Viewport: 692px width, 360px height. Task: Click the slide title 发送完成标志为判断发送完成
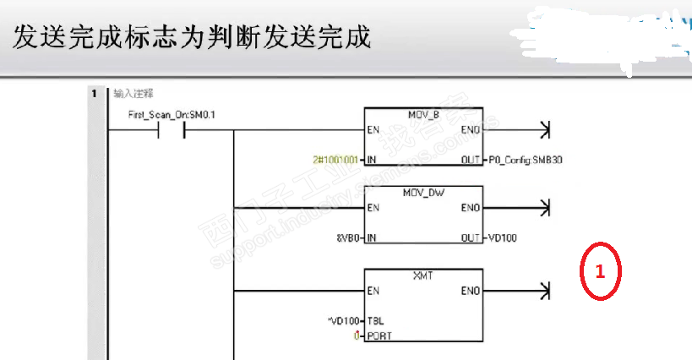click(x=193, y=37)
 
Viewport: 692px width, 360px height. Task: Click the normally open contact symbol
click(x=174, y=131)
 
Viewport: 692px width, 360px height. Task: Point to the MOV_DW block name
click(x=423, y=193)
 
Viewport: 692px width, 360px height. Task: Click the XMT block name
click(x=423, y=275)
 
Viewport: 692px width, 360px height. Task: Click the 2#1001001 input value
click(x=335, y=160)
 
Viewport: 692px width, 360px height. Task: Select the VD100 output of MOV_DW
click(x=504, y=238)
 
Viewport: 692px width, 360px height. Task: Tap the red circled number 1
click(x=601, y=272)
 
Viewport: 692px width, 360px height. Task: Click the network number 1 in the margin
click(x=94, y=94)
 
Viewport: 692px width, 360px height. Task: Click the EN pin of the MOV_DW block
click(x=373, y=209)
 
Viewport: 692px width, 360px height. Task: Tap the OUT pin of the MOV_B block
click(x=471, y=160)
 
